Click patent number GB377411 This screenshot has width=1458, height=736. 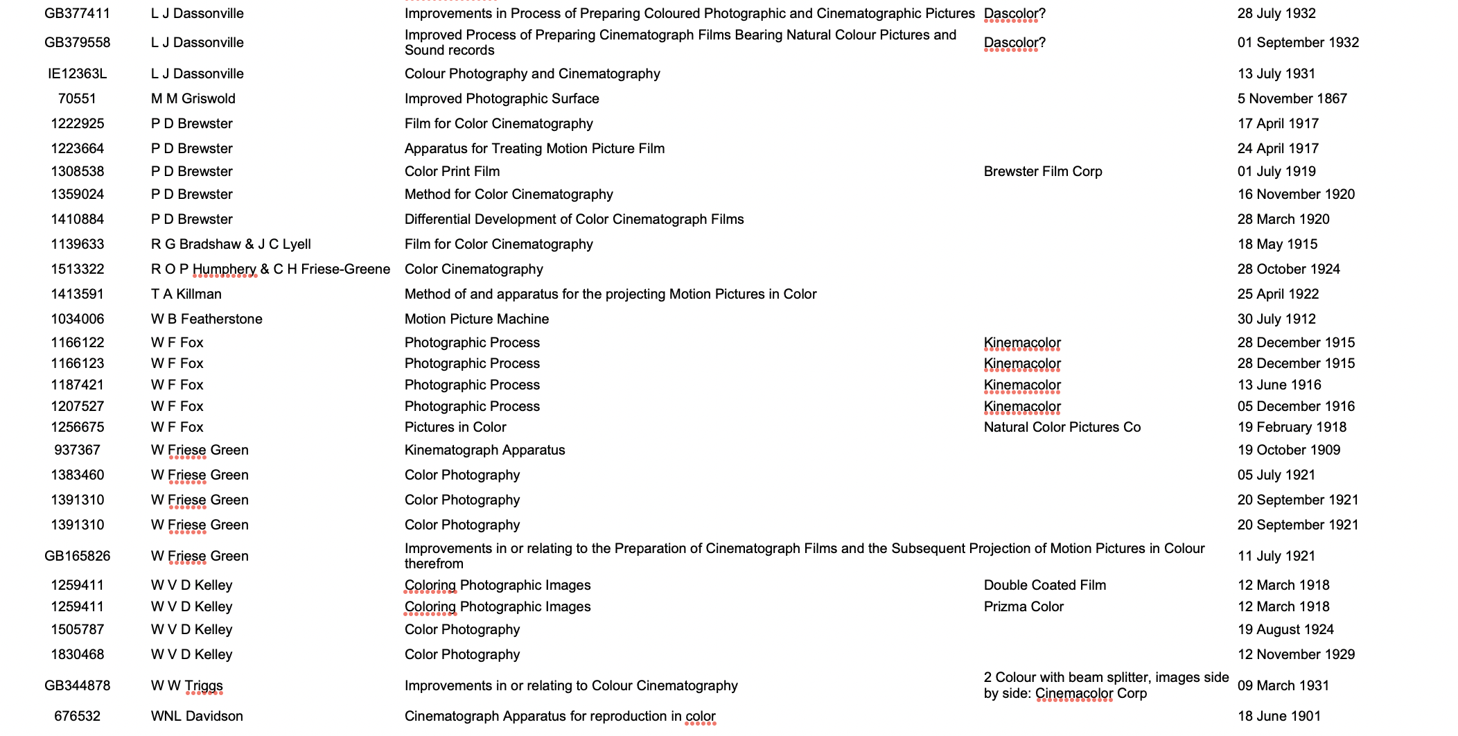[77, 13]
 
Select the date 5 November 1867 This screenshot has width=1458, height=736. [1292, 98]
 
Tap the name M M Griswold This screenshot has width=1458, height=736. [193, 98]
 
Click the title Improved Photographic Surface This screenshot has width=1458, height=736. [502, 98]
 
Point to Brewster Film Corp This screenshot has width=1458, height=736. [1042, 171]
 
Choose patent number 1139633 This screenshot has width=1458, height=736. [77, 244]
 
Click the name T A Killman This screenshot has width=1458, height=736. [186, 294]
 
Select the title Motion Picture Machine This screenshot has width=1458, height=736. [476, 319]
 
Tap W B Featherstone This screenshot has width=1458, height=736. [207, 319]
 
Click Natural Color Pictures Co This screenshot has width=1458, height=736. [1062, 427]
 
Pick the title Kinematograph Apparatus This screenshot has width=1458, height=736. [484, 450]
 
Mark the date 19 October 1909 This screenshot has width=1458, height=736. [1288, 450]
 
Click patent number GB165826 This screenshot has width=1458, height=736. [77, 556]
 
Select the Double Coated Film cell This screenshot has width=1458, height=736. [1044, 585]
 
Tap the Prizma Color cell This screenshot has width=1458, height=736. [1023, 606]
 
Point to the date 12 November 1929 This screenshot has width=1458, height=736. [1296, 654]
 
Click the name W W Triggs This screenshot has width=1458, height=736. [186, 685]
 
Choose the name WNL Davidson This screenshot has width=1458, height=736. [197, 716]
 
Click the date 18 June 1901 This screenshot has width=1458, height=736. [1279, 716]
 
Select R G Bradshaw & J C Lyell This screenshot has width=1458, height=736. [231, 244]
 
